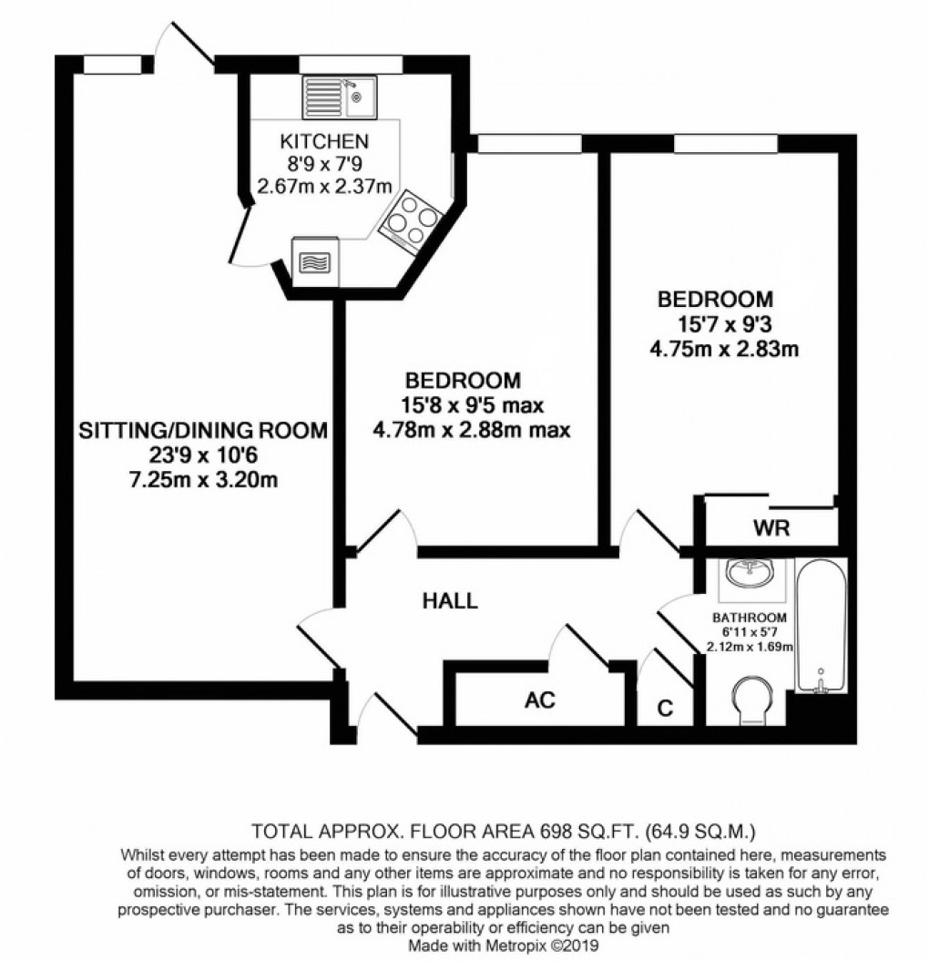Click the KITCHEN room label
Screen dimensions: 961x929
click(x=323, y=141)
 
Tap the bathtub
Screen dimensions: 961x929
click(x=821, y=629)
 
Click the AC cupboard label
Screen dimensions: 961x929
click(x=540, y=700)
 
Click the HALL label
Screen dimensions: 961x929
click(x=450, y=600)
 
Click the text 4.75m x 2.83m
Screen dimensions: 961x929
click(x=716, y=349)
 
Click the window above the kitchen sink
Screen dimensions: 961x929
click(x=350, y=64)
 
